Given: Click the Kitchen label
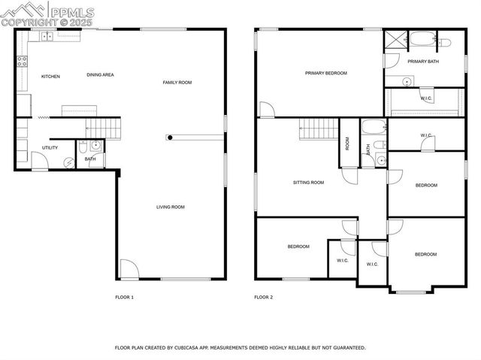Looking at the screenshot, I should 50,76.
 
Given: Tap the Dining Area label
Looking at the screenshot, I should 100,74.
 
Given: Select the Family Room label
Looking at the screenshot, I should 177,82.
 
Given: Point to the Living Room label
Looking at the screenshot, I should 171,207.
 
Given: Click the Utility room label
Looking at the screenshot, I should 50,147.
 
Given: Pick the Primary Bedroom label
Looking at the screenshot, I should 326,74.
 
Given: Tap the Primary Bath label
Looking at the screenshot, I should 423,62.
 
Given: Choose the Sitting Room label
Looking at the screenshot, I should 308,182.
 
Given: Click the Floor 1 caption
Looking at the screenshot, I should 124,298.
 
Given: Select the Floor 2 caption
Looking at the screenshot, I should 263,298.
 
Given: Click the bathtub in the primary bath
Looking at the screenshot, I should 422,39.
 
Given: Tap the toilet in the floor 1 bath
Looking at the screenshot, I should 95,145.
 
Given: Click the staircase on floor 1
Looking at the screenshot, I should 102,128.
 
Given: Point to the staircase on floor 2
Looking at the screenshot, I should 317,129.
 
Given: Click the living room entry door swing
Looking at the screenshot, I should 129,268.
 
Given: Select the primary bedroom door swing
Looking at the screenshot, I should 267,110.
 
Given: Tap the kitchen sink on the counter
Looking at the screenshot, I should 47,35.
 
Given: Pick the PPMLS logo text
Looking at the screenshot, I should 71,11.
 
